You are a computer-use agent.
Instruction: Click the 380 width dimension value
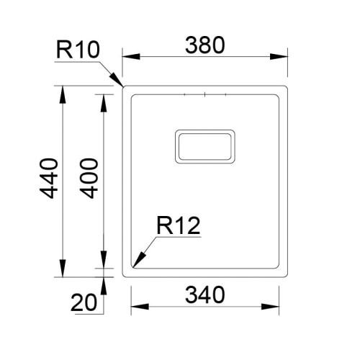click(x=205, y=45)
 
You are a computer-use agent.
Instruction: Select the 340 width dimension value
click(x=205, y=294)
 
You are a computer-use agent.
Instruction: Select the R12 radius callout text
click(x=177, y=227)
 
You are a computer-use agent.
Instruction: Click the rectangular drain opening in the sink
click(x=204, y=146)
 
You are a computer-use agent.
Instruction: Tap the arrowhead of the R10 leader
click(x=119, y=81)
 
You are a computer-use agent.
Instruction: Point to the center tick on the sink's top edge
click(x=205, y=94)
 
